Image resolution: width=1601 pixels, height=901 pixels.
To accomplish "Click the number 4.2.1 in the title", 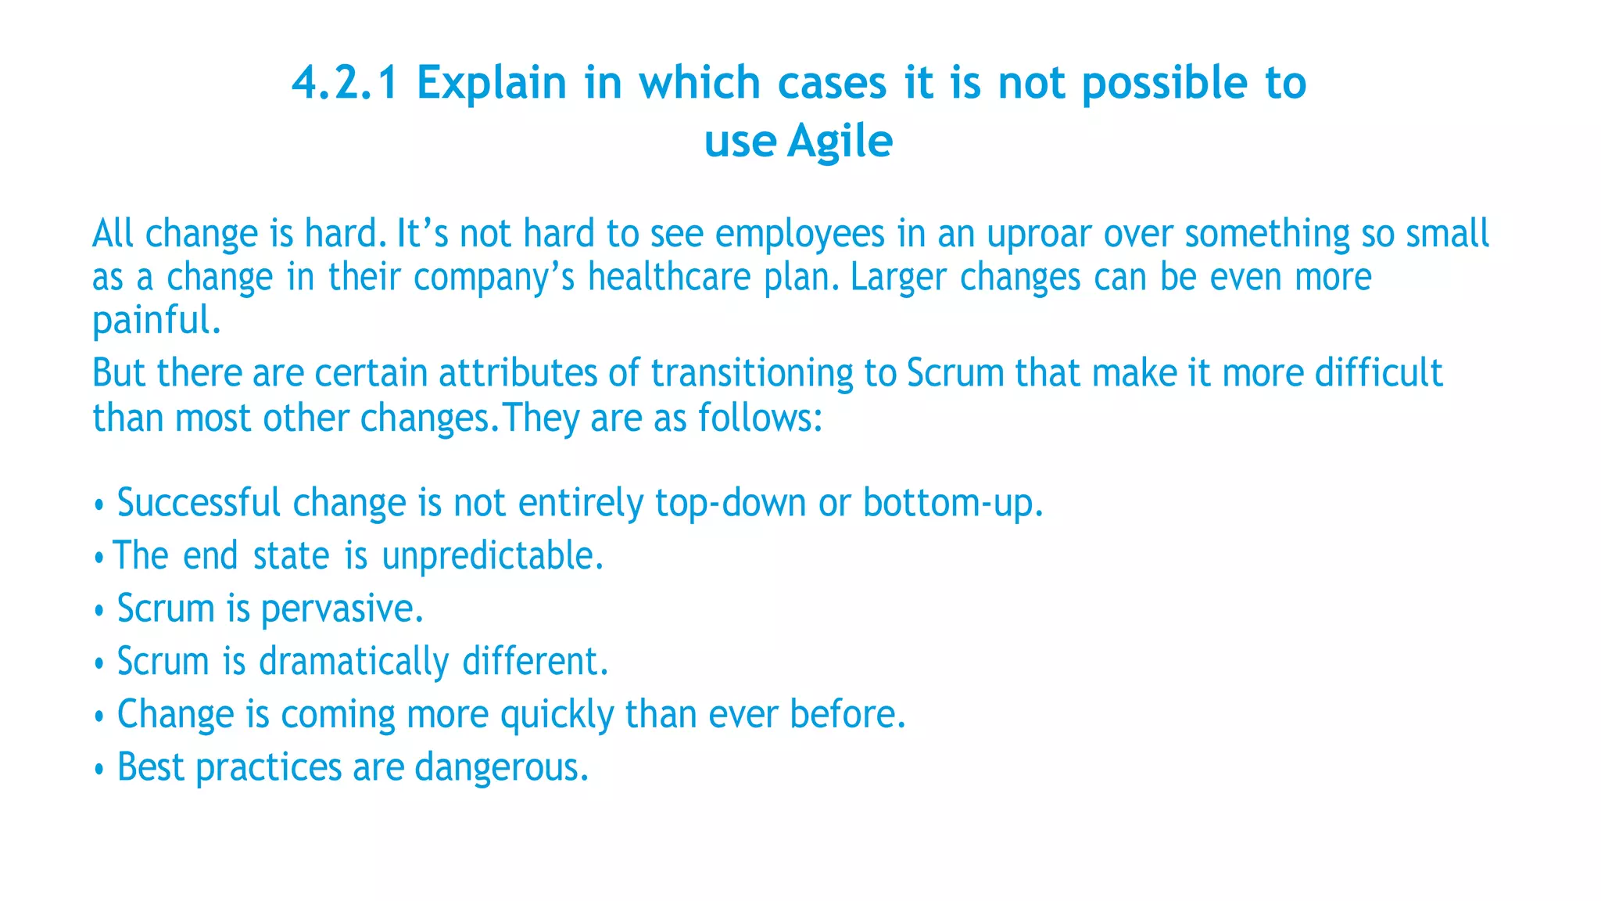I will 345,83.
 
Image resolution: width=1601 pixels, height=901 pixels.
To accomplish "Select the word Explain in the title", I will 491,83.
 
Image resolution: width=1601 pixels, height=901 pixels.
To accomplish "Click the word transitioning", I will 752,374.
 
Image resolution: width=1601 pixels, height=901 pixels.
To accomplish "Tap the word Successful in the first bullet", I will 199,502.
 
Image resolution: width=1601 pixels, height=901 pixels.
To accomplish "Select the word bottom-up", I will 952,503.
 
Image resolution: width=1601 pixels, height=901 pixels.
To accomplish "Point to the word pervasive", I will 342,609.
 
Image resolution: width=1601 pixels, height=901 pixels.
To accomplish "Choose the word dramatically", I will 354,662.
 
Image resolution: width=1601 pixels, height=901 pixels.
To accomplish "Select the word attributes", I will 518,373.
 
